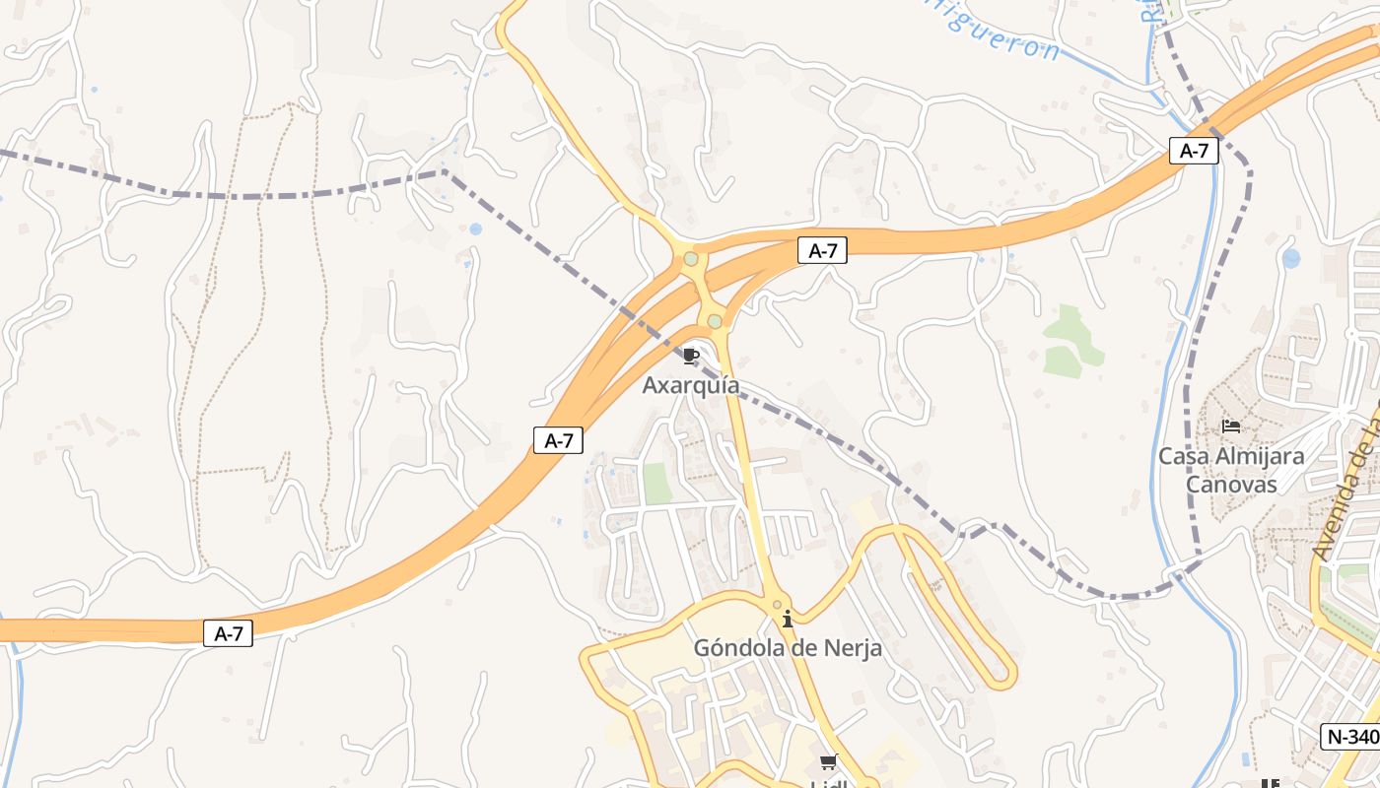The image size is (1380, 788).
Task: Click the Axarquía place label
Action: (691, 385)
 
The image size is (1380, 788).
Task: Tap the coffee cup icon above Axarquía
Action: (691, 356)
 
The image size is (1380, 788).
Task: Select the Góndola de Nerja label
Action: (788, 648)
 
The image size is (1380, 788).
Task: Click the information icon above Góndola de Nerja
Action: (788, 620)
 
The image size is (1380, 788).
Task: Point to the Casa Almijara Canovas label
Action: (1231, 470)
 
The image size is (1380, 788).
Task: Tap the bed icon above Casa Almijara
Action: (1231, 427)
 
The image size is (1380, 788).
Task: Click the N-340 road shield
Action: (1350, 737)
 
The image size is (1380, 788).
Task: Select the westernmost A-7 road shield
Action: (229, 634)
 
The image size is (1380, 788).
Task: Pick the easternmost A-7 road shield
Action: (1195, 151)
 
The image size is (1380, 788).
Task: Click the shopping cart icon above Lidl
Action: (829, 762)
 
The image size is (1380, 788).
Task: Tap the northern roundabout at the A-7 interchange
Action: (691, 259)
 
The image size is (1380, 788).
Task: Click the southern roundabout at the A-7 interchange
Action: (715, 321)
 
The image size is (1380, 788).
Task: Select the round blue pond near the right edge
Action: (1291, 258)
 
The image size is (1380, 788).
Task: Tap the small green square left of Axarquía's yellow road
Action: (657, 483)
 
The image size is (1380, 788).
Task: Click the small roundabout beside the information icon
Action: (777, 604)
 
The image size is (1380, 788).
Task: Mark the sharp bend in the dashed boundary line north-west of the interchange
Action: (443, 171)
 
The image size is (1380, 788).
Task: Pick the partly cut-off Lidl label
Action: (829, 784)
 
